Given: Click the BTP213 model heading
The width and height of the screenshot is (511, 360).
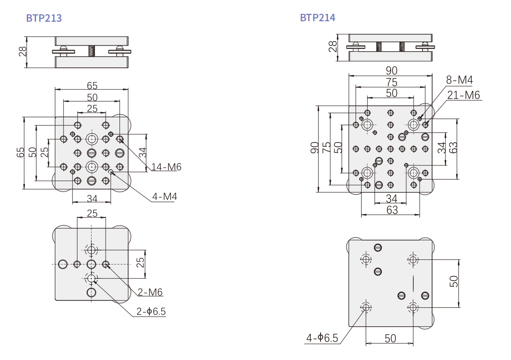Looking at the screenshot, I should click(44, 18).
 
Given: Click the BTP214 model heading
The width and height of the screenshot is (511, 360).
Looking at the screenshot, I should click(318, 18).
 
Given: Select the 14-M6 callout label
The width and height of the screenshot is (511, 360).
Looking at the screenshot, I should click(166, 167).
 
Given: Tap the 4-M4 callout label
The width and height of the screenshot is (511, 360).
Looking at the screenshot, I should click(164, 197).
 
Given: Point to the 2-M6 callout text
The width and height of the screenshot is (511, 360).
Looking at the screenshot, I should click(150, 292).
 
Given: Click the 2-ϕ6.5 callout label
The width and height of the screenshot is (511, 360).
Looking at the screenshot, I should click(151, 312).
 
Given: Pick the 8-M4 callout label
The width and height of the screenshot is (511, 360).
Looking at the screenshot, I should click(459, 80).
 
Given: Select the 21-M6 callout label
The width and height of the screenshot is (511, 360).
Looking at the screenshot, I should click(463, 95).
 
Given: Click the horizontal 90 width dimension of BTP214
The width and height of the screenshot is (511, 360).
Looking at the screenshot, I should click(392, 71).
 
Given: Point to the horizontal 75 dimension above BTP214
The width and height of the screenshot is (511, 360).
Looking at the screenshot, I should click(392, 82).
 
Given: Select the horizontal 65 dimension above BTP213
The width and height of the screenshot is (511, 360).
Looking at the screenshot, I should click(92, 85).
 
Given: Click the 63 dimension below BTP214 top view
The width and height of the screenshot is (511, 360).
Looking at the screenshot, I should click(391, 210).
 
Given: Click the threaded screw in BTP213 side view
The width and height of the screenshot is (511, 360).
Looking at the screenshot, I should click(92, 51).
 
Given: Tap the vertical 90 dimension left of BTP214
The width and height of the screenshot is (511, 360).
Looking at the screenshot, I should click(315, 148).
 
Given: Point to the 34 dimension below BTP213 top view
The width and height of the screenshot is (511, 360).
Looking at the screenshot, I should click(92, 198).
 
